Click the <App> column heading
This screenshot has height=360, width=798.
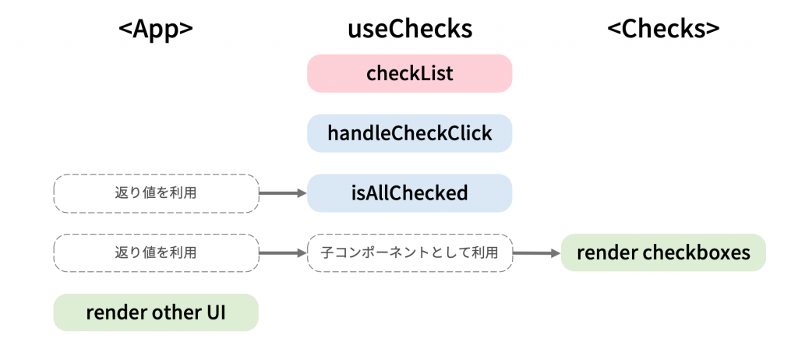(x=156, y=30)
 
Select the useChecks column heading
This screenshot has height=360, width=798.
(x=410, y=30)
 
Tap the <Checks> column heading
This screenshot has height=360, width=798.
(x=663, y=30)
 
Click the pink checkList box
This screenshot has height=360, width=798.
(x=410, y=73)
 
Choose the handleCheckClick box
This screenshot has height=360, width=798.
(x=410, y=133)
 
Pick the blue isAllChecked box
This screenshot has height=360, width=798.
(x=410, y=193)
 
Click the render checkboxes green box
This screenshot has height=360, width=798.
(x=663, y=252)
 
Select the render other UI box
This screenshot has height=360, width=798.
(x=156, y=312)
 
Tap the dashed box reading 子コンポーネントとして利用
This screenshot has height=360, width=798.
(x=410, y=252)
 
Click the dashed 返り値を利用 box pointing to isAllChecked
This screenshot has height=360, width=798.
(x=156, y=193)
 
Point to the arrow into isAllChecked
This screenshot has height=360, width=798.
(x=283, y=193)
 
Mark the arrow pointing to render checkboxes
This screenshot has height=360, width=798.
(x=536, y=252)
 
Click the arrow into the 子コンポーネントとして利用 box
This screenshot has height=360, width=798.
(x=283, y=252)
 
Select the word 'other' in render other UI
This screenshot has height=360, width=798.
(x=173, y=312)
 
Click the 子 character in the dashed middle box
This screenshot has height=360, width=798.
(x=327, y=252)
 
